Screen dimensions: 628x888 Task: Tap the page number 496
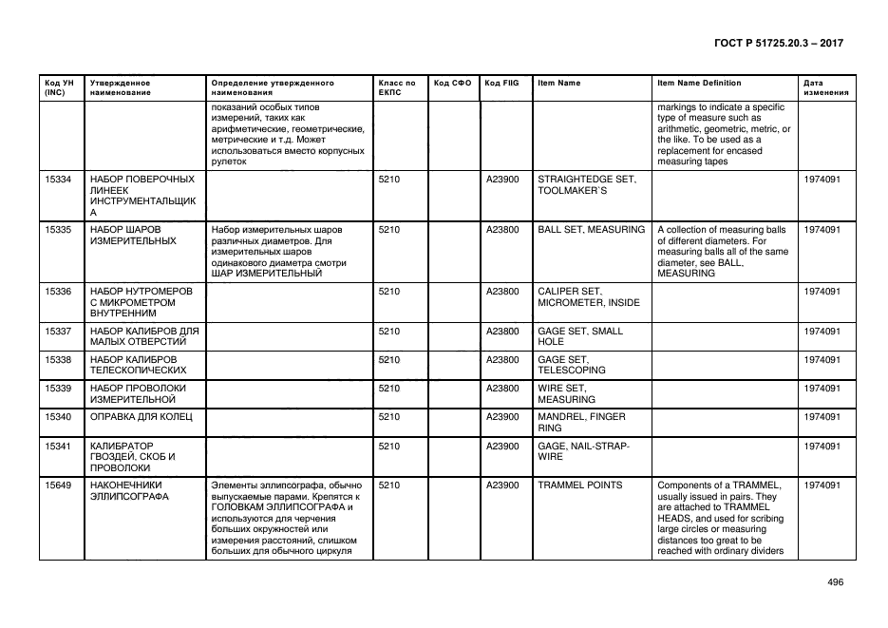835,582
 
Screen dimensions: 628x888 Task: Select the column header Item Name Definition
699,83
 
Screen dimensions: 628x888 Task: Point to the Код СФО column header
452,83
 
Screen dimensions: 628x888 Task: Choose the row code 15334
58,179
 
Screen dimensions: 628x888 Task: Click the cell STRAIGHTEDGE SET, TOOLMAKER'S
587,184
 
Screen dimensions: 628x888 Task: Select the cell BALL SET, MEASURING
591,230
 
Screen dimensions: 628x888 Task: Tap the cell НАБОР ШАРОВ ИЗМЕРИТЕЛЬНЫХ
132,236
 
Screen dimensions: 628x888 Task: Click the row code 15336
58,291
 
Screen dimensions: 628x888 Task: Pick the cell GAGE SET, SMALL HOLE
580,336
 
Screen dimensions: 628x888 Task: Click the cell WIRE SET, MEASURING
566,393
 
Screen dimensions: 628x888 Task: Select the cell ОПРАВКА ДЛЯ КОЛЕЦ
142,416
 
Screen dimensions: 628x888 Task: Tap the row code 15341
58,445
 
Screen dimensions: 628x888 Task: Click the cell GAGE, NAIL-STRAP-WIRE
583,450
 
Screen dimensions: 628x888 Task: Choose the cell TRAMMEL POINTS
580,485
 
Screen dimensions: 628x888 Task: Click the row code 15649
58,485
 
